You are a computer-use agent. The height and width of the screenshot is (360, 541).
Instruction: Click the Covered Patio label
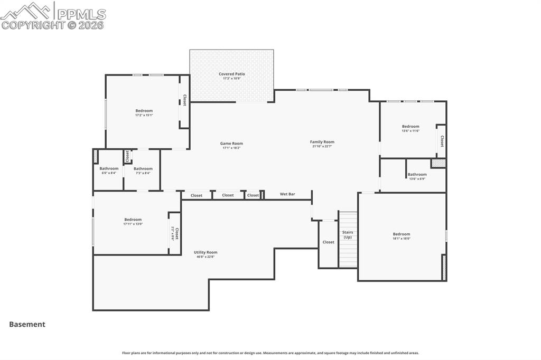click(x=232, y=74)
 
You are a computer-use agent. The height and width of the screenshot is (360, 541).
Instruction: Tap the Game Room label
click(x=231, y=144)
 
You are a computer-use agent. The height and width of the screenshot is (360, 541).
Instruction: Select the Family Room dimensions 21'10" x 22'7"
click(x=322, y=146)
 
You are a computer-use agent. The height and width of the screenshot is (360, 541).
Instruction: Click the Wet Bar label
click(x=287, y=194)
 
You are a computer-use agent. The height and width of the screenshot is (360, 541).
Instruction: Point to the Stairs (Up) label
click(x=348, y=235)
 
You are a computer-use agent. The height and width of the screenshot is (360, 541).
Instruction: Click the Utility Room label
click(x=206, y=252)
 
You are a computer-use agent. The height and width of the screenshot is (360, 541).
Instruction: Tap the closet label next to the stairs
click(x=329, y=242)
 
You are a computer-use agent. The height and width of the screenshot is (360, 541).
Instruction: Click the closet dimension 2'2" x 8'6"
click(x=172, y=234)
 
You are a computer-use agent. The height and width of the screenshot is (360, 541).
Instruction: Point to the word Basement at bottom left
click(x=27, y=325)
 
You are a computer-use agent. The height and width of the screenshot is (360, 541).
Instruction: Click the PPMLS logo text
click(x=80, y=14)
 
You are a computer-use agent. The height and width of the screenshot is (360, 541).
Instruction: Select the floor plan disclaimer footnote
click(x=270, y=353)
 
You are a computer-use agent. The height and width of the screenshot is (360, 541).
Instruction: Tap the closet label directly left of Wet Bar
click(x=253, y=195)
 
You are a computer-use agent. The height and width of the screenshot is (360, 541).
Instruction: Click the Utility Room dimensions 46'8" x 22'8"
click(x=206, y=257)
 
